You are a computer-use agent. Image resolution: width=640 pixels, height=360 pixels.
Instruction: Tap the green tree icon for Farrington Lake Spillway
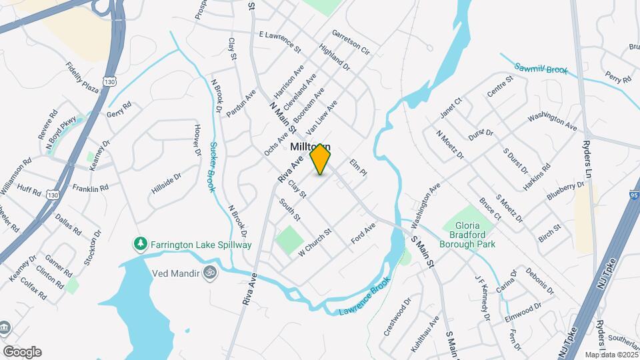tap(140, 244)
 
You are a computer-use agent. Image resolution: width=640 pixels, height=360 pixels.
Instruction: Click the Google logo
tap(21, 352)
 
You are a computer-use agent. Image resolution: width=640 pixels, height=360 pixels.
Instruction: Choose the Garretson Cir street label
tap(351, 42)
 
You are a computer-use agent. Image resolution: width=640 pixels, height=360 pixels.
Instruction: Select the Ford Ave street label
tap(364, 234)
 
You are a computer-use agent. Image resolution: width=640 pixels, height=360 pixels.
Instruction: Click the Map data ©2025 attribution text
tap(611, 355)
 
